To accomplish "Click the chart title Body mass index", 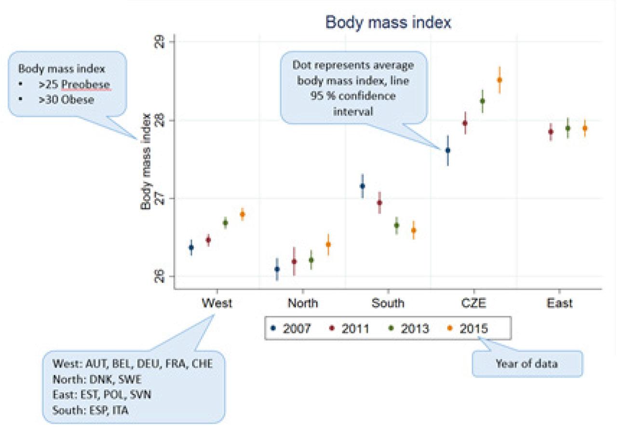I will pos(388,23).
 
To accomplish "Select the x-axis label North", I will pos(303,303).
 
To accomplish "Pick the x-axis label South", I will pos(388,303).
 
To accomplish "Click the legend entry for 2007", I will pos(292,329).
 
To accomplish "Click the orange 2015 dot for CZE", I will pos(500,80).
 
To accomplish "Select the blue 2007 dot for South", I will pos(363,186).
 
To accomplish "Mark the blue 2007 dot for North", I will pos(277,269).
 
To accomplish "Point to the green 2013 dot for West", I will pos(225,222).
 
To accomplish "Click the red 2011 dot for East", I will pos(551,132).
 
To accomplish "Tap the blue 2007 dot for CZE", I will pos(447,151).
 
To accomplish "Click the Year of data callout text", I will pos(527,363).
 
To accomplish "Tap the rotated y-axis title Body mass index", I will pos(146,162).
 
